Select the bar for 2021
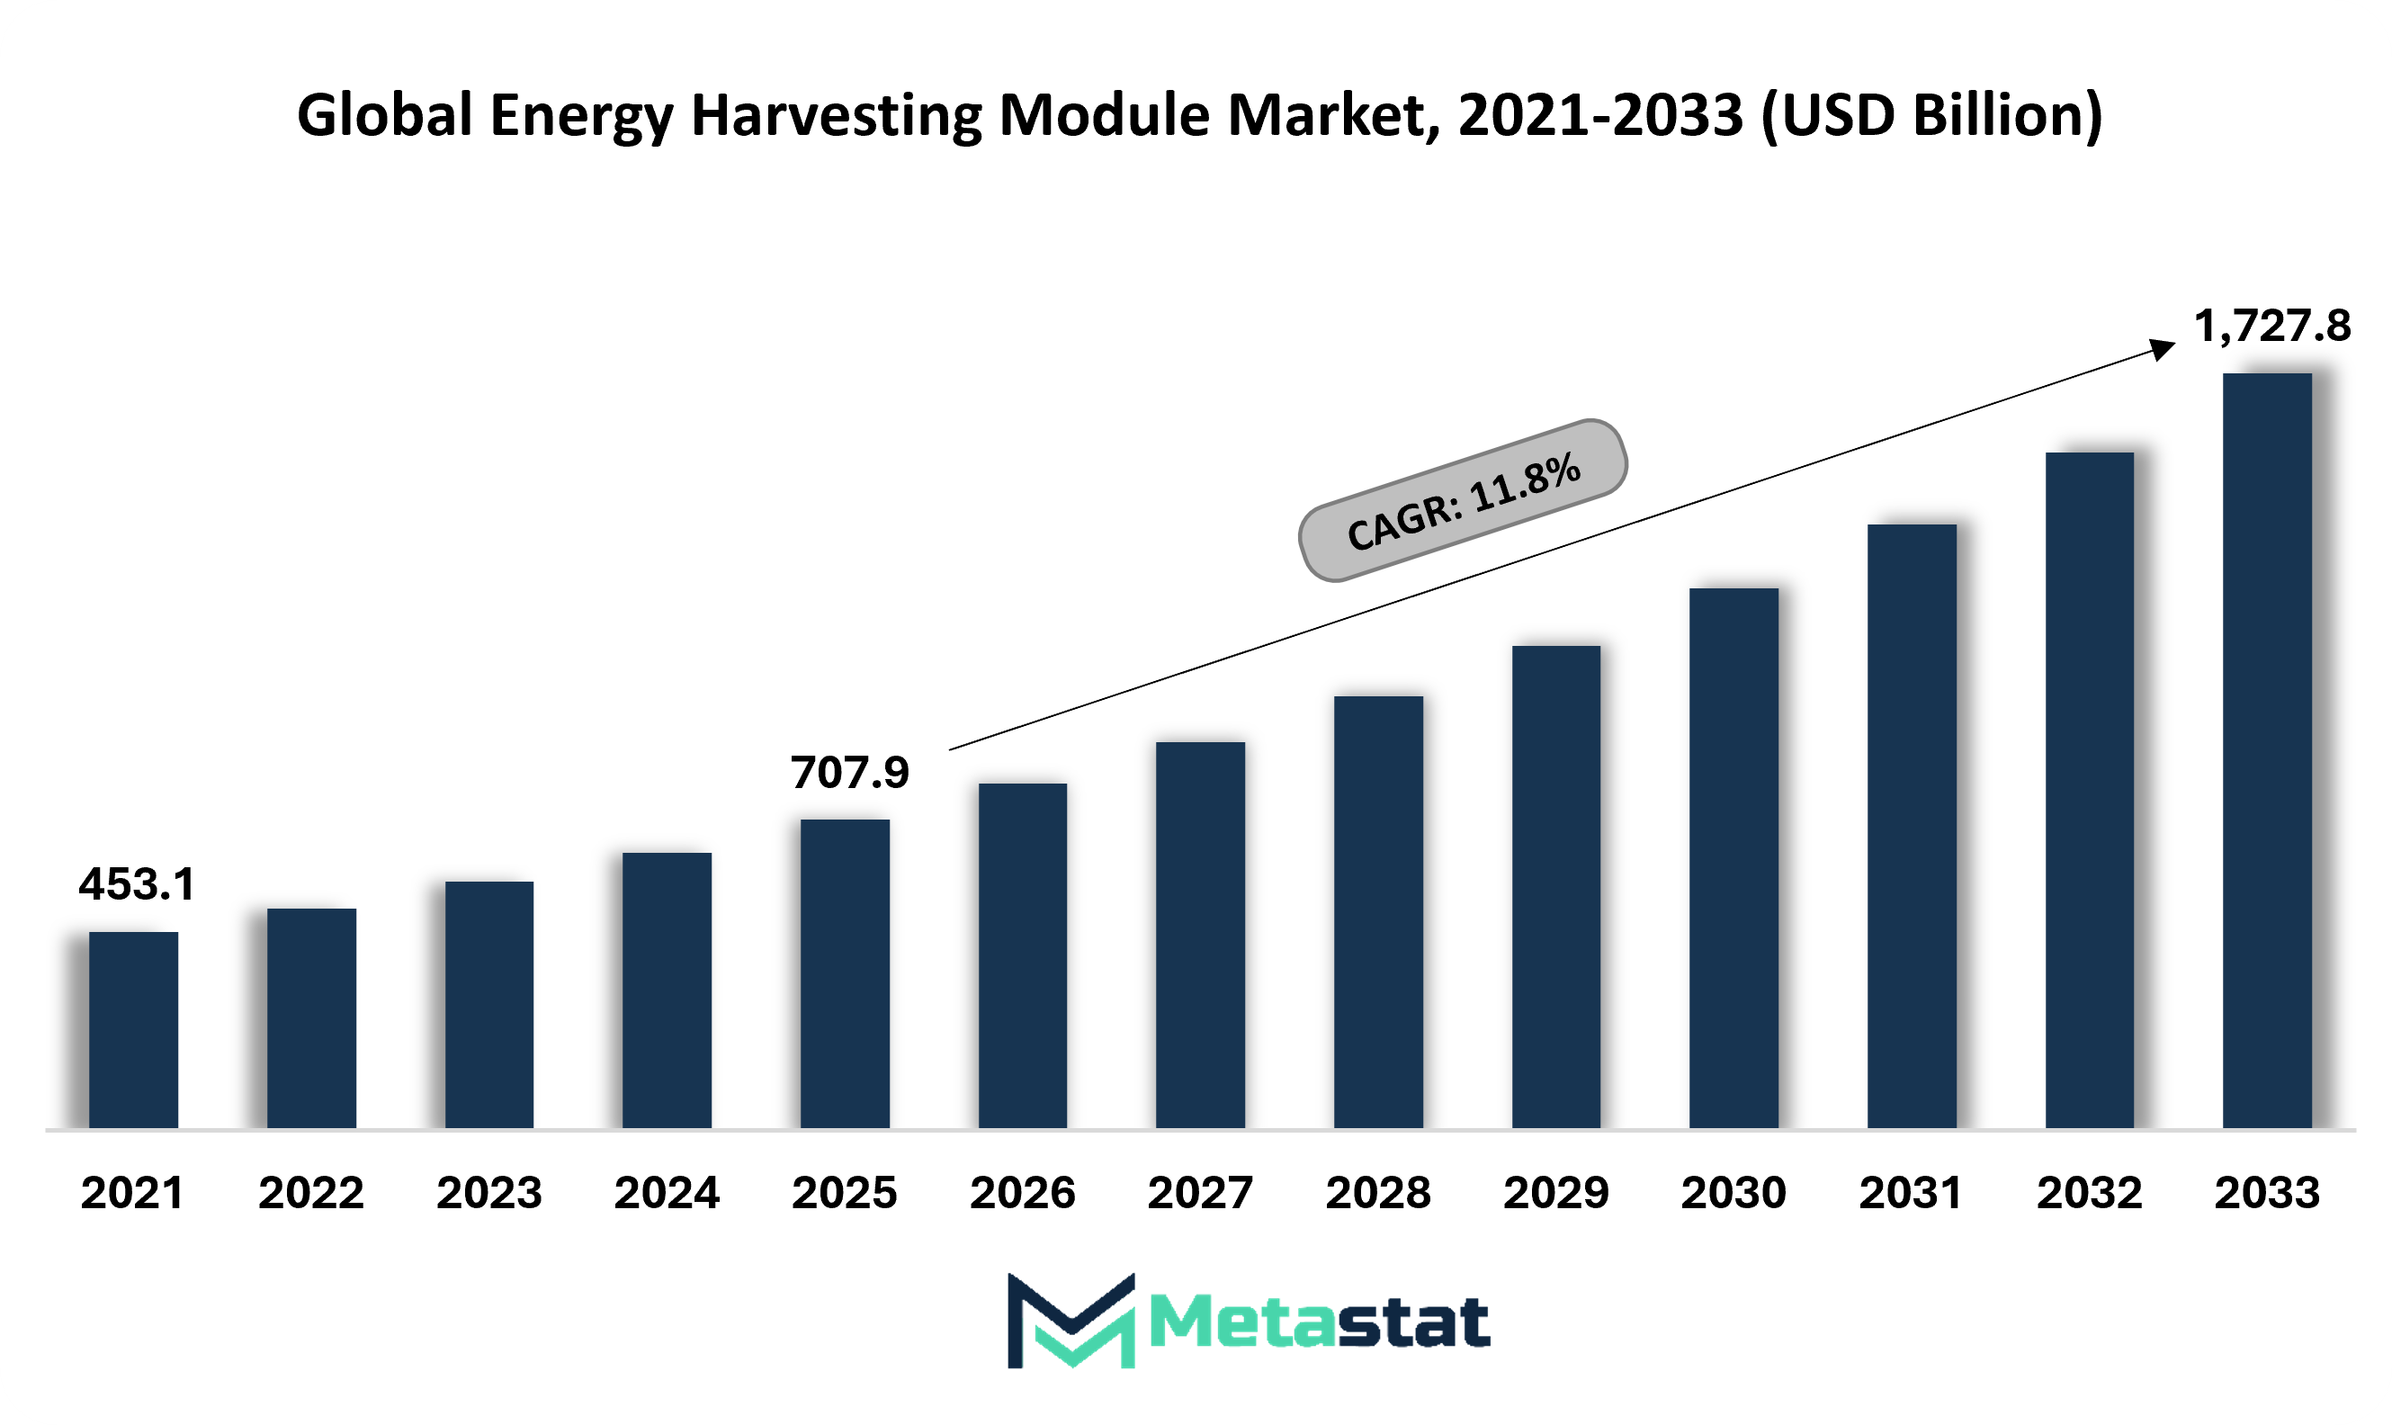(x=133, y=1029)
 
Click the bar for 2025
(x=845, y=973)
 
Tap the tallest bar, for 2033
(x=2267, y=751)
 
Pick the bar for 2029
(x=1556, y=887)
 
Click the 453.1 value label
(x=138, y=884)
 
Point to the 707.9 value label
(x=850, y=773)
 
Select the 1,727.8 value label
(x=2272, y=327)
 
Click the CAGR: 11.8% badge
(x=1463, y=500)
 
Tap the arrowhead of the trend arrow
(x=2164, y=348)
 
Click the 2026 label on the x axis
(x=1023, y=1193)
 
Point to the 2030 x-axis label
(x=1734, y=1193)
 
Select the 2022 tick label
(x=311, y=1193)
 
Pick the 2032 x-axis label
(x=2090, y=1193)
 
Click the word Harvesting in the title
(x=837, y=116)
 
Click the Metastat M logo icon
(x=1071, y=1321)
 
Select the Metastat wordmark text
(x=1320, y=1322)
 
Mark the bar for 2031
(x=1912, y=826)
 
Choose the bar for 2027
(x=1200, y=936)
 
